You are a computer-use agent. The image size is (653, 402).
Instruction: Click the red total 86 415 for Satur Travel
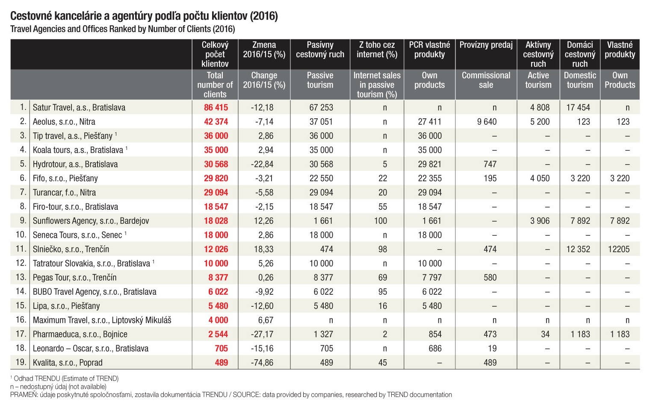coord(216,108)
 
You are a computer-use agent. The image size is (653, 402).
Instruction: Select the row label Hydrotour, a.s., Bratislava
coord(75,164)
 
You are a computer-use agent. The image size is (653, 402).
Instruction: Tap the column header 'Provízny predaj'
coord(486,45)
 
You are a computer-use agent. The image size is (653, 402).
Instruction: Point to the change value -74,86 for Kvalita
coord(262,363)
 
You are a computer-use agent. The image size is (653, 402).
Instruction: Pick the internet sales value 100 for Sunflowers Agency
coord(381,221)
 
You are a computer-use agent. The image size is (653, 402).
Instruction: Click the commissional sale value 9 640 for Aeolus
coord(487,121)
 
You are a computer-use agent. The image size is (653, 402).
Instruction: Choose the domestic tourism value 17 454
coord(578,108)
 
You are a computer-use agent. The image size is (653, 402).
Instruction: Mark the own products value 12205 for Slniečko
coord(619,249)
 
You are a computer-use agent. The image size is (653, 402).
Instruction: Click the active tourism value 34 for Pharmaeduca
coord(545,334)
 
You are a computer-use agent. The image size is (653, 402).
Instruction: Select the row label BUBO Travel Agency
coord(95,292)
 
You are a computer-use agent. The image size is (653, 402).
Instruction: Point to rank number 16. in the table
coord(21,320)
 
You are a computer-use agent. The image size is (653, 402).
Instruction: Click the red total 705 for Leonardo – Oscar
coord(221,349)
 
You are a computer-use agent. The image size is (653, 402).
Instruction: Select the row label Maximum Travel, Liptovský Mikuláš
coord(102,320)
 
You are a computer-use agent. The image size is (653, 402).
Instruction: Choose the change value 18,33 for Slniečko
coord(263,249)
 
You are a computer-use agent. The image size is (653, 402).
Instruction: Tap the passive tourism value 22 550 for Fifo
coord(321,178)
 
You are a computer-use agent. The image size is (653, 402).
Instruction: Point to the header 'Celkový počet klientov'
coord(215,54)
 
